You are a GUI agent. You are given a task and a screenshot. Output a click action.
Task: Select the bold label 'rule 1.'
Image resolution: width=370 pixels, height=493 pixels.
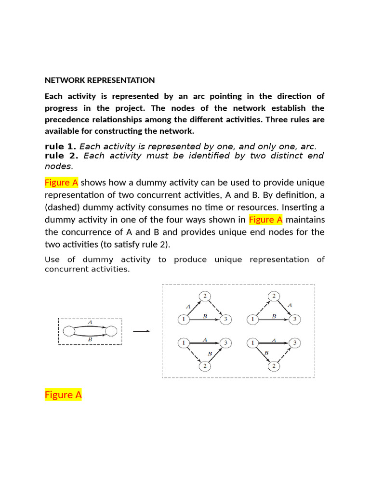coord(60,146)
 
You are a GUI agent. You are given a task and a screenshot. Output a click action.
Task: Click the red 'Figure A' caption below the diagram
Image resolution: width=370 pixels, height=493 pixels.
coord(63,395)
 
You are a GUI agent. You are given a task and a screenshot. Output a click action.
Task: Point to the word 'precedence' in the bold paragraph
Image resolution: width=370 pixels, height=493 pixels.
coord(69,119)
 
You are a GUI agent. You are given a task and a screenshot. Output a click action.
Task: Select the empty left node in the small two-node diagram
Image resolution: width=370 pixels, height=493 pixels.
coord(68,331)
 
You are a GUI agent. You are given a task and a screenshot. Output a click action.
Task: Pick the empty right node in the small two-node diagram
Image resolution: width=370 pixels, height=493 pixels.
coord(111,331)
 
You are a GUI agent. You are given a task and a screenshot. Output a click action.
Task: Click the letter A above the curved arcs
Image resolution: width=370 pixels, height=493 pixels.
coord(90,321)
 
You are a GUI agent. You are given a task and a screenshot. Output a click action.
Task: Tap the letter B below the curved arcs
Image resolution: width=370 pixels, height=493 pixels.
coord(90,339)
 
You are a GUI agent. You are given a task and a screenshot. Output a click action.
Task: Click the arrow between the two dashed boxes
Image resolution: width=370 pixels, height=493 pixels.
coord(142,331)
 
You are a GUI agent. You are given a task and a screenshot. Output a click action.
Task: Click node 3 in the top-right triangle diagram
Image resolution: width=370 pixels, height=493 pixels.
coord(296,319)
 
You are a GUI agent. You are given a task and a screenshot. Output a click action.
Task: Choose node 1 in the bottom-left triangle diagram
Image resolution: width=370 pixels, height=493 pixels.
coord(183,343)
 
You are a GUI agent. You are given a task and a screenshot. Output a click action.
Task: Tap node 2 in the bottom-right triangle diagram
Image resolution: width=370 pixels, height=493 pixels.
coord(274,367)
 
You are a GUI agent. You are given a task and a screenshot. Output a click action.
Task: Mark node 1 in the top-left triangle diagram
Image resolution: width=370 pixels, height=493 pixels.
coord(183,319)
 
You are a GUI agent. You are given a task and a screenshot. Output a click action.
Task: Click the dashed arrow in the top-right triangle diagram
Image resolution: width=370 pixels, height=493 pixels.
coord(262,307)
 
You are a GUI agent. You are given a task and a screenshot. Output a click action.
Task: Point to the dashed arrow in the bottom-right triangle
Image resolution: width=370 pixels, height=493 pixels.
coord(286,355)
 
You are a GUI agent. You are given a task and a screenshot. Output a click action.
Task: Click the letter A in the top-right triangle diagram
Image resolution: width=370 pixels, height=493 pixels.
coord(289,305)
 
